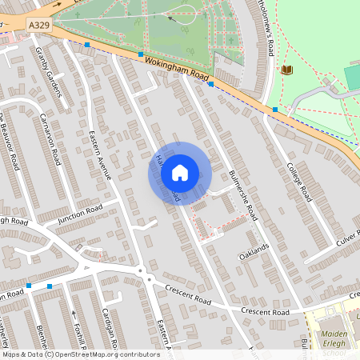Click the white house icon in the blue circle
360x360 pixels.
[x=179, y=172]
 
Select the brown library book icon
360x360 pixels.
[x=286, y=70]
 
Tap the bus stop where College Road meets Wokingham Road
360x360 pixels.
[x=274, y=109]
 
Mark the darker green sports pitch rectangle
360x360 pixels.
[x=352, y=78]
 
